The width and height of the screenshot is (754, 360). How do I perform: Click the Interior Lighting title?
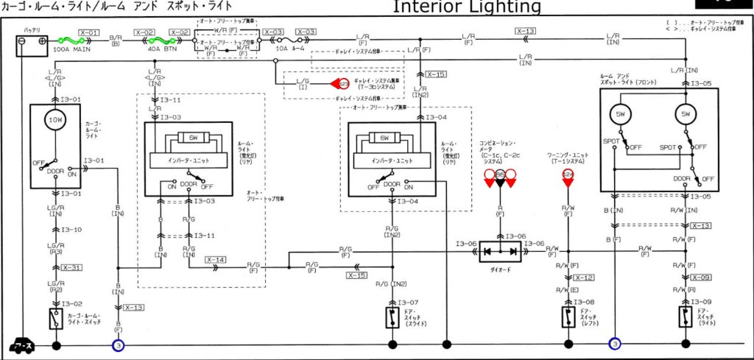[466, 7]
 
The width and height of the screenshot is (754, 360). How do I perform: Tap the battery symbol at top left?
[32, 45]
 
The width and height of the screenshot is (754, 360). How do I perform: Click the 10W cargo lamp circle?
[56, 119]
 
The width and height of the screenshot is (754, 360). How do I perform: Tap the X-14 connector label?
[216, 260]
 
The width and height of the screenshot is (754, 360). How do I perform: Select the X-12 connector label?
[583, 278]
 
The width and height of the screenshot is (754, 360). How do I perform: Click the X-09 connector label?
[701, 278]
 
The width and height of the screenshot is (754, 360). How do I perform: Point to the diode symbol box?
[500, 252]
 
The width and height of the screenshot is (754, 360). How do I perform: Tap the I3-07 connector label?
[409, 303]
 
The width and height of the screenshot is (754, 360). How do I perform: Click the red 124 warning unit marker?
[568, 175]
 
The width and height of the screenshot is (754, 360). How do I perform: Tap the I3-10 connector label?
[72, 230]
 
